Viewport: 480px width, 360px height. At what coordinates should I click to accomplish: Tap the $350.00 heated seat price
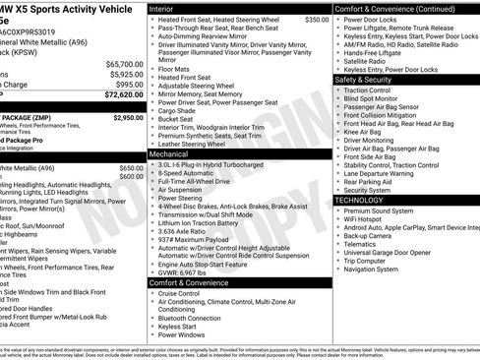(x=317, y=20)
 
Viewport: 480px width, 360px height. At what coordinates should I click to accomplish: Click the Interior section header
(x=162, y=8)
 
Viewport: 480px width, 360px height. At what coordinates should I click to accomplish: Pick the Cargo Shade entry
(x=177, y=110)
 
